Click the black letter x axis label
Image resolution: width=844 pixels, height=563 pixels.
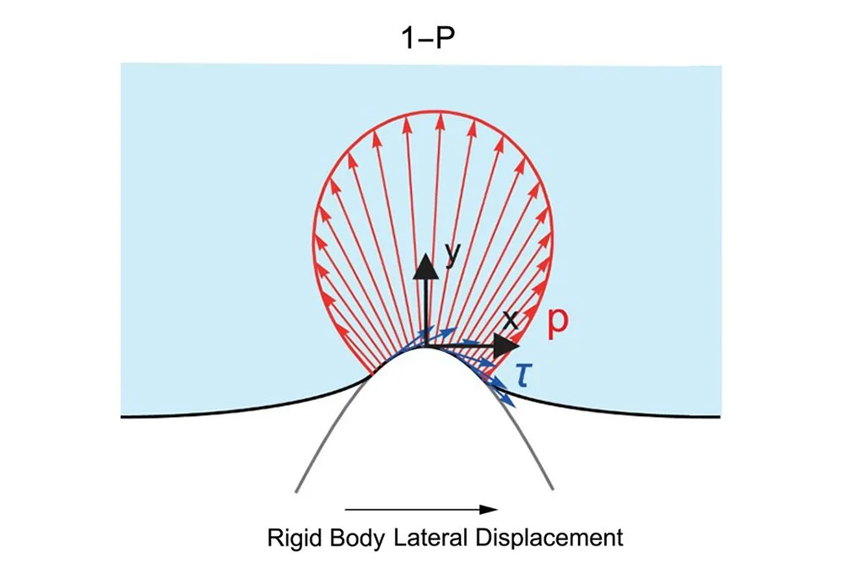511,319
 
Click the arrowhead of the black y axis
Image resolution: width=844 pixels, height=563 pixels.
427,265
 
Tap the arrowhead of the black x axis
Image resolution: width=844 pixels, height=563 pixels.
506,345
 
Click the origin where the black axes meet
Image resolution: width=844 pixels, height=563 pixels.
427,345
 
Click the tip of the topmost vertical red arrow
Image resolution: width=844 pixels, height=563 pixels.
438,116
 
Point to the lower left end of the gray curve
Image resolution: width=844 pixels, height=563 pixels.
296,490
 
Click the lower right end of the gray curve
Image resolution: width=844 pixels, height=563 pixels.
554,489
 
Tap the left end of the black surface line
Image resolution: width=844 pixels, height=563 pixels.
123,416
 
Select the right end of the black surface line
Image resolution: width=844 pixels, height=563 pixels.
719,416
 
